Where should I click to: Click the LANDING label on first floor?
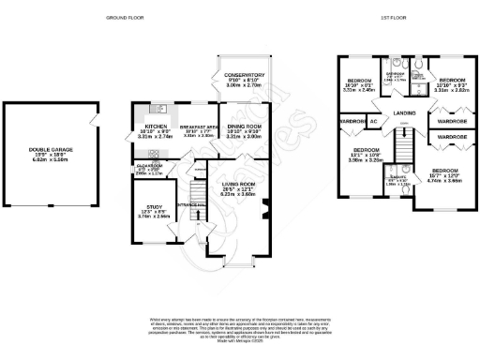(x=404, y=113)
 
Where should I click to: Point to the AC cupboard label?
(x=373, y=122)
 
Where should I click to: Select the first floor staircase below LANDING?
(x=404, y=145)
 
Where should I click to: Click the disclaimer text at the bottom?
(x=240, y=322)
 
